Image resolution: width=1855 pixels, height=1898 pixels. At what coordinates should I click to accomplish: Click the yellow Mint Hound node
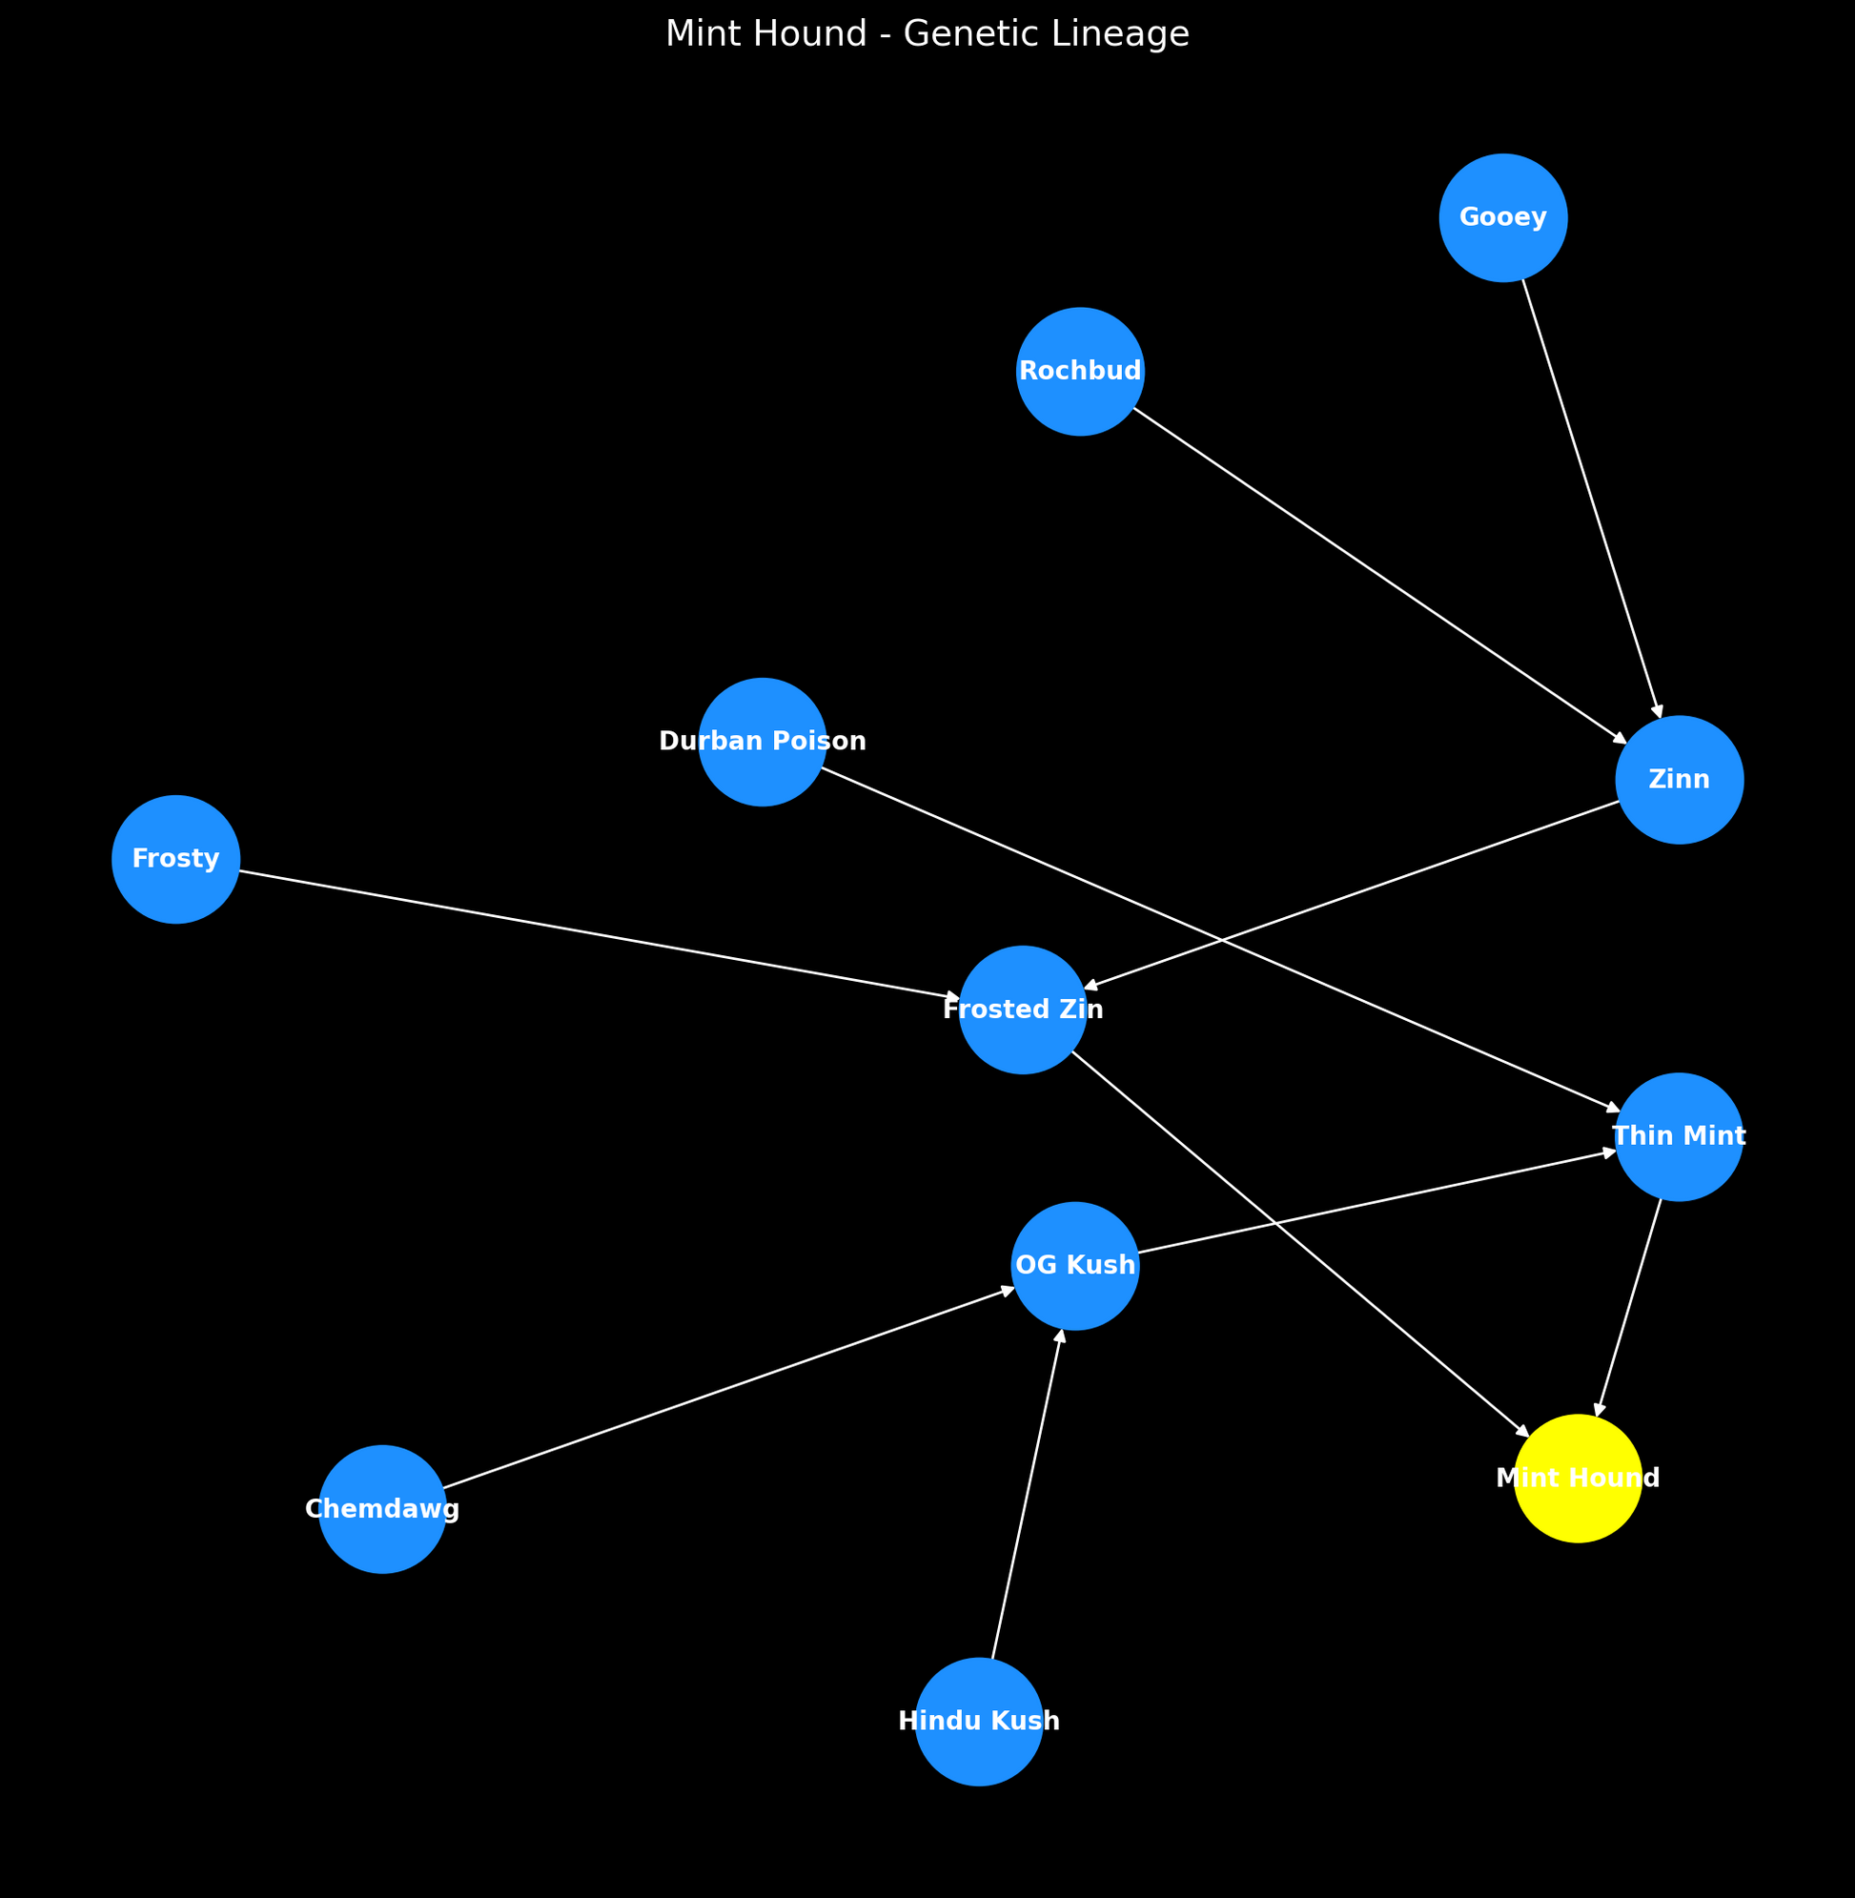click(x=1578, y=1478)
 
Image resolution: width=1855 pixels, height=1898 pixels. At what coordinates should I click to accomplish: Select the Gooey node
click(x=1502, y=217)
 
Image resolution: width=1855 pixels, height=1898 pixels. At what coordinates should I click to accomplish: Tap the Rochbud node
click(x=1079, y=371)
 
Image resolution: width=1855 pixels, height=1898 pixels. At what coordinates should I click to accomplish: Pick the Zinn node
click(x=1679, y=780)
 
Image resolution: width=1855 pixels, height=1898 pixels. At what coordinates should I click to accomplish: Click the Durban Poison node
click(x=762, y=742)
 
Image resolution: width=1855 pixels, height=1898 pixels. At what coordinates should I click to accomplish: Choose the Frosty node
click(x=175, y=858)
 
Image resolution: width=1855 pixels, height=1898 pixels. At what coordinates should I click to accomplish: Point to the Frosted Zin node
click(x=1022, y=1010)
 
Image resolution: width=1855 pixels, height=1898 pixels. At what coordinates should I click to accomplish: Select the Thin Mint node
click(x=1679, y=1136)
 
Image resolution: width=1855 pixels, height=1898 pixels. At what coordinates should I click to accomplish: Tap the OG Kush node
click(x=1074, y=1266)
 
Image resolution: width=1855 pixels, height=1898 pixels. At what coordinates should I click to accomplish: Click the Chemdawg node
click(x=382, y=1508)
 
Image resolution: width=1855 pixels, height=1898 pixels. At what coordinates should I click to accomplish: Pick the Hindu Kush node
click(x=978, y=1722)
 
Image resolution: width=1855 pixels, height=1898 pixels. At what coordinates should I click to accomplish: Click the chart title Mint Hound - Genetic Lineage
click(x=927, y=35)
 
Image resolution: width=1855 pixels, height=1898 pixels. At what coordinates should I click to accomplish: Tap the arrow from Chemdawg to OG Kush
click(x=728, y=1387)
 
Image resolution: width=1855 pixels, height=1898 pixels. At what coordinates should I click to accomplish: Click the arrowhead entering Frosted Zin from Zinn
click(x=1091, y=985)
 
